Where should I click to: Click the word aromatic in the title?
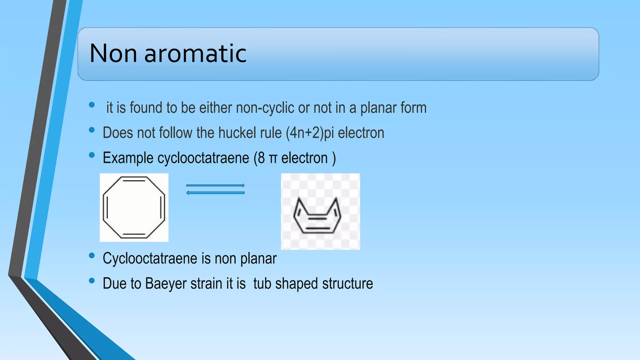tap(195, 53)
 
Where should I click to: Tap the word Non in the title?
tap(113, 53)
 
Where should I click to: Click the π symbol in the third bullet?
tap(273, 159)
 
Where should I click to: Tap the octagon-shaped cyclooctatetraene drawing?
tap(134, 207)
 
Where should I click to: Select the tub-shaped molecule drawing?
tap(317, 216)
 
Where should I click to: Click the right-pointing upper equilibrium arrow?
tap(215, 185)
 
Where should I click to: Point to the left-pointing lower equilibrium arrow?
tap(215, 193)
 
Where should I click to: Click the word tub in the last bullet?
tap(262, 284)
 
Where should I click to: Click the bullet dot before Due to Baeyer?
tap(92, 281)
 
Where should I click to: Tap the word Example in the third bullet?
tap(128, 158)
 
